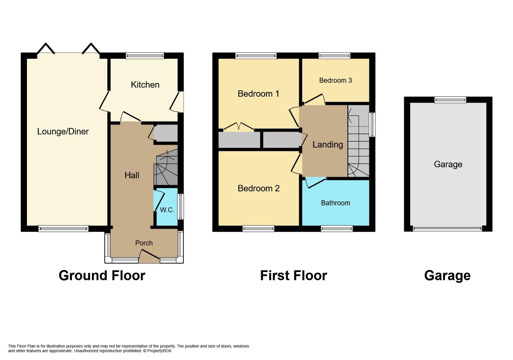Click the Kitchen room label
point(145,85)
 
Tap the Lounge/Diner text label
point(63,131)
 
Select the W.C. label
point(167,210)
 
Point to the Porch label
point(144,243)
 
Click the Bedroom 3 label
point(335,80)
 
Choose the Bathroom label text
point(335,203)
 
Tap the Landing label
point(328,144)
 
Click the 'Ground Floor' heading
point(102,276)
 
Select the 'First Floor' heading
point(293,276)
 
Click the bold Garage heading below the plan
point(447,276)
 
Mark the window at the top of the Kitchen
point(145,56)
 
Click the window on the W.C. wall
point(180,207)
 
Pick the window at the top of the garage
point(450,99)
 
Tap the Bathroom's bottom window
point(337,228)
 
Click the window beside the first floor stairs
point(372,125)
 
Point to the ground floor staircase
point(166,168)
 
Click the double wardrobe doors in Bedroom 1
point(239,127)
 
